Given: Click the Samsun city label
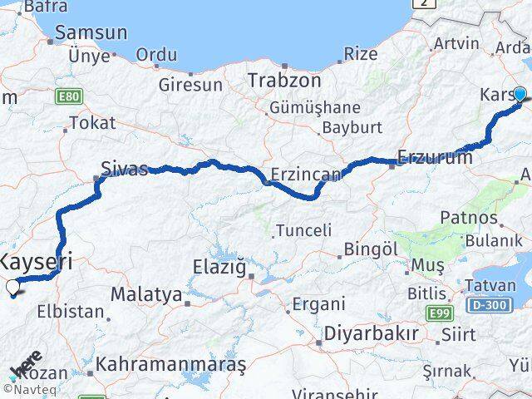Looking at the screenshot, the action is pyautogui.click(x=91, y=34).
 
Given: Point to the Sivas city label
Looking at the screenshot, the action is pyautogui.click(x=123, y=169).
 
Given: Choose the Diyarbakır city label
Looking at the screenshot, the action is pyautogui.click(x=372, y=333).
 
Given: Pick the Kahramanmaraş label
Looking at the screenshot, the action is pyautogui.click(x=171, y=364).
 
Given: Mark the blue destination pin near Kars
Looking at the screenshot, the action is pyautogui.click(x=520, y=95).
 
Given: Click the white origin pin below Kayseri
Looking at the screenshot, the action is pyautogui.click(x=12, y=288).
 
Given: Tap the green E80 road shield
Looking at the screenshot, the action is pyautogui.click(x=69, y=97).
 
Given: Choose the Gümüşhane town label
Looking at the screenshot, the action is pyautogui.click(x=314, y=107).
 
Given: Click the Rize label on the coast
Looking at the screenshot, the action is pyautogui.click(x=360, y=55).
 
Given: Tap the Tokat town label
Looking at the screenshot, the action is pyautogui.click(x=93, y=123).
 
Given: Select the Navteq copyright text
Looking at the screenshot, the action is pyautogui.click(x=29, y=388).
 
